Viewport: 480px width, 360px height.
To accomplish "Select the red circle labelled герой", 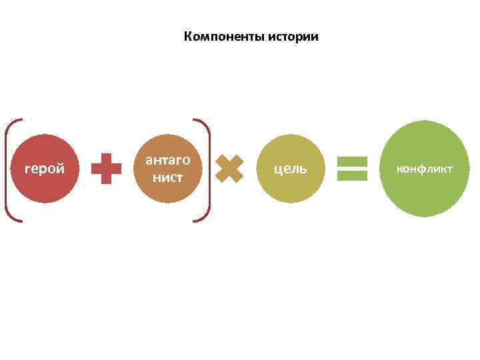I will [x=44, y=169].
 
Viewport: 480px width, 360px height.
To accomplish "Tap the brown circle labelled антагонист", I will [x=167, y=169].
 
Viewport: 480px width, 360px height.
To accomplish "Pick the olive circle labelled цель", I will [x=291, y=169].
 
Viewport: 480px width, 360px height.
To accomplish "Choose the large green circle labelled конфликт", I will [x=425, y=169].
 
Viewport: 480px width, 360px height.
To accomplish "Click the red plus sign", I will [x=106, y=169].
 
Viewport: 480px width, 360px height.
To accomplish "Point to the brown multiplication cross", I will [x=229, y=169].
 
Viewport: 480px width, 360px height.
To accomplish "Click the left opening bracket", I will [x=9, y=169].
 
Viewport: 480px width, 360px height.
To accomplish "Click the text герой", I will [x=44, y=169].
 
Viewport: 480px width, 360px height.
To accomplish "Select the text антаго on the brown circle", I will [x=167, y=161].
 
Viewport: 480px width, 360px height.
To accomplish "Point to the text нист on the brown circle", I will [x=167, y=178].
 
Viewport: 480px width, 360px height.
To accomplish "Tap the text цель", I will [x=291, y=169].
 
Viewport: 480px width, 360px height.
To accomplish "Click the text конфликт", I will [x=425, y=169].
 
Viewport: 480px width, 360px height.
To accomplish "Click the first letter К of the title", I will [x=187, y=37].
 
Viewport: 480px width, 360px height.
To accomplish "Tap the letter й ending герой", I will [x=60, y=169].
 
